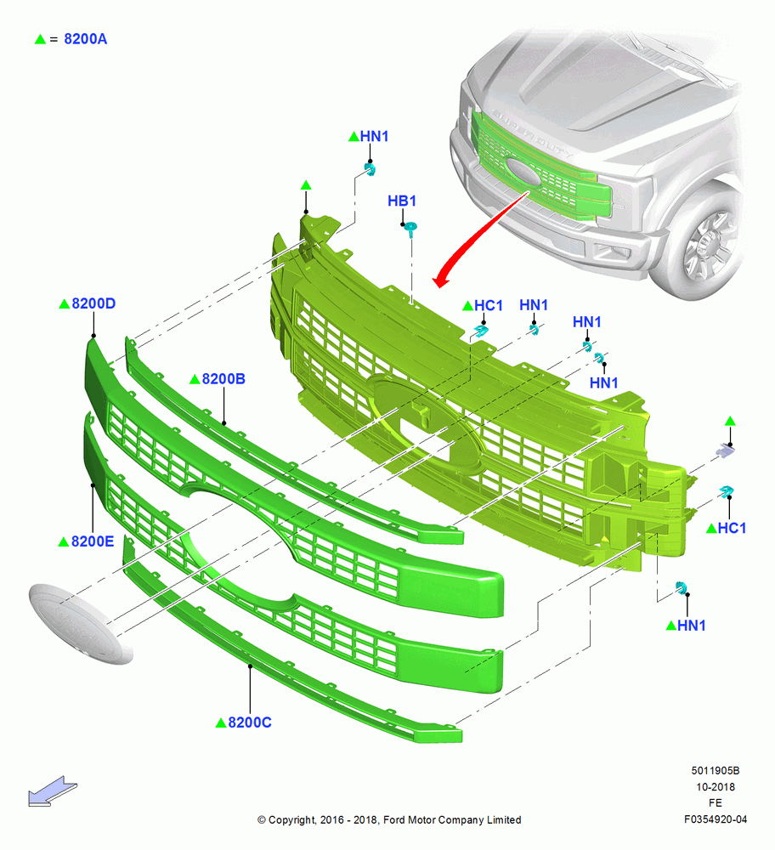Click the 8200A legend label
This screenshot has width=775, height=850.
85,39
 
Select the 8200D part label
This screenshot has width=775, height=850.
93,303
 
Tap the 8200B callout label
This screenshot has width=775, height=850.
223,379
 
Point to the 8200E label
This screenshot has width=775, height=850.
93,541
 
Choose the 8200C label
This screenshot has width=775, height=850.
249,722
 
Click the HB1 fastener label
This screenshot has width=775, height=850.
402,201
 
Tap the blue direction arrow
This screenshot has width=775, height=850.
52,791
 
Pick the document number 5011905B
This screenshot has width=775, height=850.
716,771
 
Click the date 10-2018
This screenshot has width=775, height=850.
716,787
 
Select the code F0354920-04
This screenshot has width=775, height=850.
716,819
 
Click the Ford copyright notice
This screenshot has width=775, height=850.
389,820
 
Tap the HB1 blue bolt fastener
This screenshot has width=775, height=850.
411,229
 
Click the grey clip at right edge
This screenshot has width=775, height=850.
725,450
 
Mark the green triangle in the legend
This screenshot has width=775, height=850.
40,40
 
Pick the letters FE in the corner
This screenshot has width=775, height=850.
716,803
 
